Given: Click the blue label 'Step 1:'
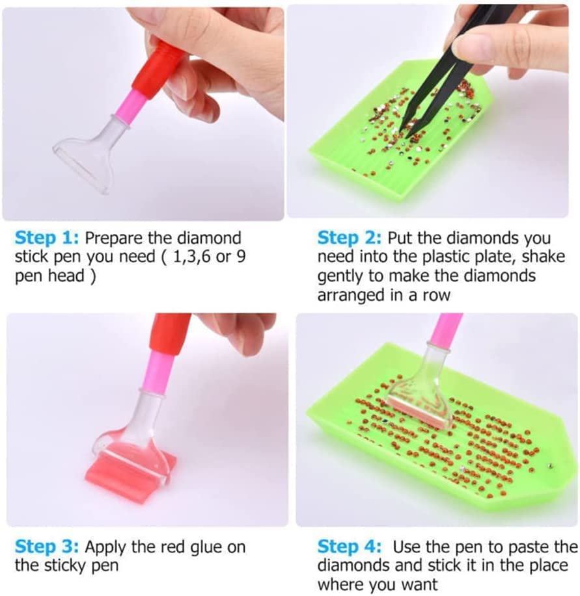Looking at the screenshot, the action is coord(47,238).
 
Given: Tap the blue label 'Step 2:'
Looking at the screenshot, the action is coord(350,239).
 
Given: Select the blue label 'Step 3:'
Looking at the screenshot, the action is coord(47,547).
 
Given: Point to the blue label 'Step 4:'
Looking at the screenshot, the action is coord(350,547).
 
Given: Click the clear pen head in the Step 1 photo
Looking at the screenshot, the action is coord(91,152).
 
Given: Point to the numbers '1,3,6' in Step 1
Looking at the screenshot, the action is coord(192,257).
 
